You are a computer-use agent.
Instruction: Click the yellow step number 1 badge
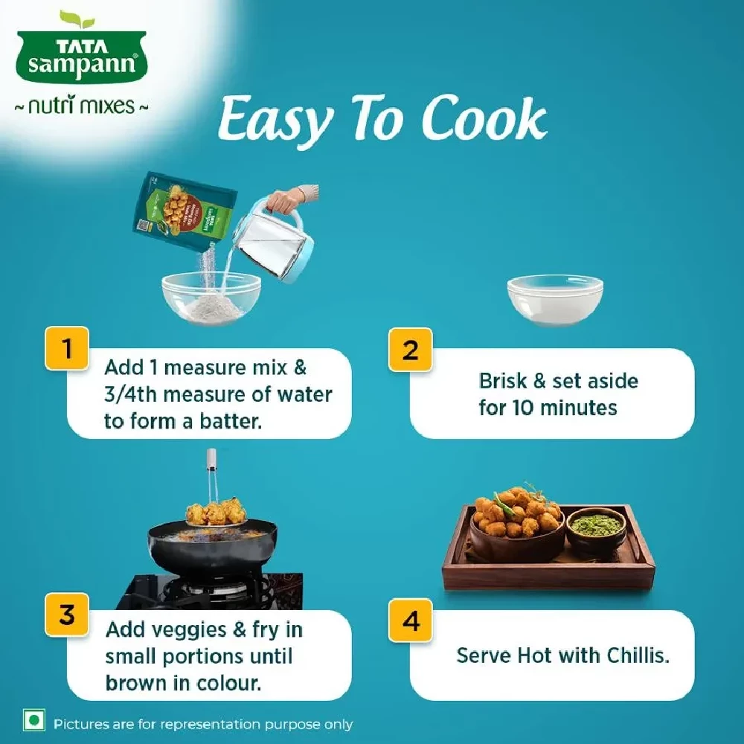tap(68, 348)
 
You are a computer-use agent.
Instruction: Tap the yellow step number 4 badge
tap(411, 619)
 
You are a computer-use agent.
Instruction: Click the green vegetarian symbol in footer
tap(31, 722)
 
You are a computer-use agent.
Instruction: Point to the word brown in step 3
tap(135, 683)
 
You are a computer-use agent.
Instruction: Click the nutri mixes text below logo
tap(82, 106)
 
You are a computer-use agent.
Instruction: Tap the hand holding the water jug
tap(286, 199)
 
